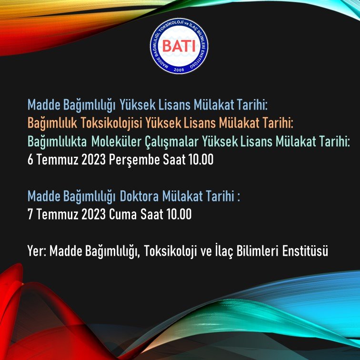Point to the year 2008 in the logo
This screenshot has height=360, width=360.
pos(179,70)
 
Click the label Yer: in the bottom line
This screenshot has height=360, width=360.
pos(37,251)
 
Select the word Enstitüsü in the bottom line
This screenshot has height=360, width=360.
pos(304,251)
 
